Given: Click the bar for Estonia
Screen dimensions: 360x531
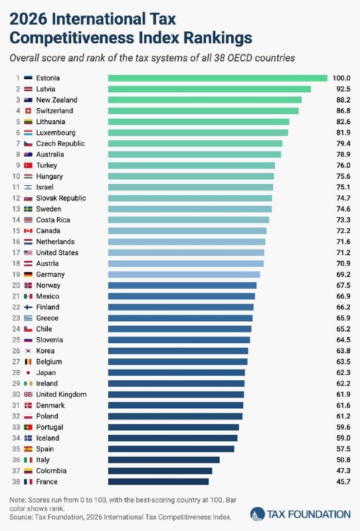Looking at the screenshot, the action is pyautogui.click(x=218, y=78).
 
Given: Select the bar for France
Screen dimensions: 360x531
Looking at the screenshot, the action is pyautogui.click(x=158, y=482).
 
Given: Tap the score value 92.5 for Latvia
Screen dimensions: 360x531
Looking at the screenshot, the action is pyautogui.click(x=343, y=89).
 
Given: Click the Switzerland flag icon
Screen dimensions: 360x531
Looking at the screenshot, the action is pyautogui.click(x=28, y=111).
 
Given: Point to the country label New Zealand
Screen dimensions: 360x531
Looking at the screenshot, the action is pyautogui.click(x=56, y=100).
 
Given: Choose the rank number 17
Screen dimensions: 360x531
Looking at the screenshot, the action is pyautogui.click(x=16, y=253).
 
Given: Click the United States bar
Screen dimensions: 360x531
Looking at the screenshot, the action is pyautogui.click(x=186, y=253).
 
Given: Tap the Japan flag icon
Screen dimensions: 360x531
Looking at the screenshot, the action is pyautogui.click(x=28, y=372).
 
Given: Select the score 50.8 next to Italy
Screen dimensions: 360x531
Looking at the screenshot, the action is pyautogui.click(x=343, y=460).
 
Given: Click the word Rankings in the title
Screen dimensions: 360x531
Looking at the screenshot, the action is pyautogui.click(x=218, y=38).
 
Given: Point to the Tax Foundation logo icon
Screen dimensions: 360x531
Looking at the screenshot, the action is pyautogui.click(x=257, y=514).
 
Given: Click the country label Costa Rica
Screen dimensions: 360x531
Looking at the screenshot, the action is pyautogui.click(x=53, y=220).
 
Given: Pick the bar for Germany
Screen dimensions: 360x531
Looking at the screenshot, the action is pyautogui.click(x=184, y=274).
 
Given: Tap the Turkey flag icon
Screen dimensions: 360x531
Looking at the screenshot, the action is pyautogui.click(x=28, y=165).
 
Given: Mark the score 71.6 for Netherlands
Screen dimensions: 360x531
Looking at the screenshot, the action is pyautogui.click(x=343, y=242).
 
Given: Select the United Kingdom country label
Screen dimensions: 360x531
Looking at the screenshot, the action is pyautogui.click(x=61, y=394).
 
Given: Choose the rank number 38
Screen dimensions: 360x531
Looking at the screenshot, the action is pyautogui.click(x=16, y=482).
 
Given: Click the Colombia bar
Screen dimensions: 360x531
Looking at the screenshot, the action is pyautogui.click(x=160, y=471).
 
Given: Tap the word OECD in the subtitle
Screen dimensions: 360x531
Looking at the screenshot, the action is pyautogui.click(x=239, y=58).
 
